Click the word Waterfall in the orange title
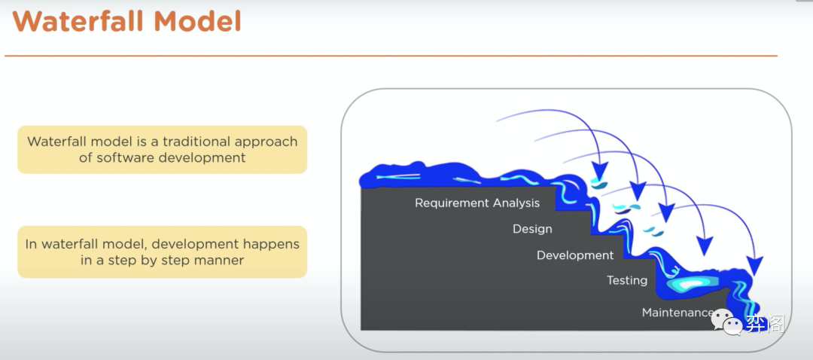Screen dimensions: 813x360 point(78,21)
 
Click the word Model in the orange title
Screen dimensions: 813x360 point(197,21)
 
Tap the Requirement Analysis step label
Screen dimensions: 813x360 point(477,203)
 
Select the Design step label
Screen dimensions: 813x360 point(532,229)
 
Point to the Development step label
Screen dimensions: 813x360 point(575,255)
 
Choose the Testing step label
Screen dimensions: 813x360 point(627,281)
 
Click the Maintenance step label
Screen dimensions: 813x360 point(677,313)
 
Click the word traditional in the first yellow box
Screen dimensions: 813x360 point(196,142)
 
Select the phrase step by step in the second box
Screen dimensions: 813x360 point(149,261)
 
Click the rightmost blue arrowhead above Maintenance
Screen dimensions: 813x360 point(755,265)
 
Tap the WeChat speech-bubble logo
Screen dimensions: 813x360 point(727,322)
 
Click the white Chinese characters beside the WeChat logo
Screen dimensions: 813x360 point(766,324)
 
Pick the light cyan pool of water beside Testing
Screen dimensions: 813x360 point(691,284)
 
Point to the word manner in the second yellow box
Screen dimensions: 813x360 point(219,260)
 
